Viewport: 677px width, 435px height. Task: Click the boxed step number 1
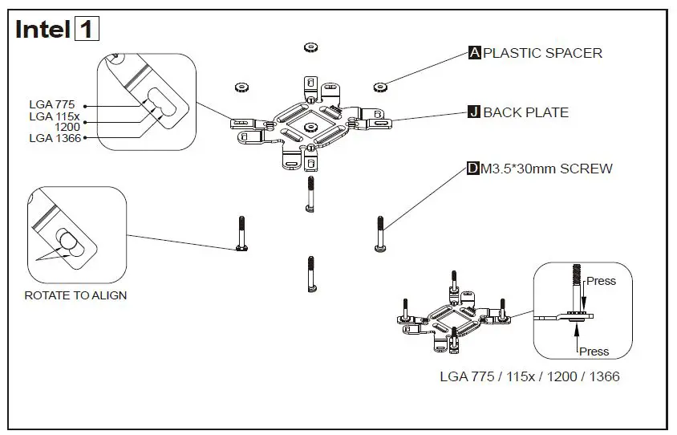click(x=87, y=30)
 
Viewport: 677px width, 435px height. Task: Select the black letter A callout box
click(x=474, y=53)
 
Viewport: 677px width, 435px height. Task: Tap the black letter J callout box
click(x=474, y=112)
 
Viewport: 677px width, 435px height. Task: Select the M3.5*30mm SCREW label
click(x=546, y=169)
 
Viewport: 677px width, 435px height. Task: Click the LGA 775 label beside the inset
click(x=52, y=104)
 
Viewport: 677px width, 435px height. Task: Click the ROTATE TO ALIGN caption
click(x=75, y=295)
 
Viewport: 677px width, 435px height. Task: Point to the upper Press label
click(x=601, y=281)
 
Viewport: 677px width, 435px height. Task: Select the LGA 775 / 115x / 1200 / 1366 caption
click(x=529, y=376)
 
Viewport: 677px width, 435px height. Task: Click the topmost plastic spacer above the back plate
click(x=311, y=48)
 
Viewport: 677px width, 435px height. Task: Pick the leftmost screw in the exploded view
click(x=240, y=234)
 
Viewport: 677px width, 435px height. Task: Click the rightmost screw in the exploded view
click(x=380, y=234)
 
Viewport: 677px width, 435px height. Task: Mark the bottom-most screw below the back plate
click(x=310, y=274)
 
